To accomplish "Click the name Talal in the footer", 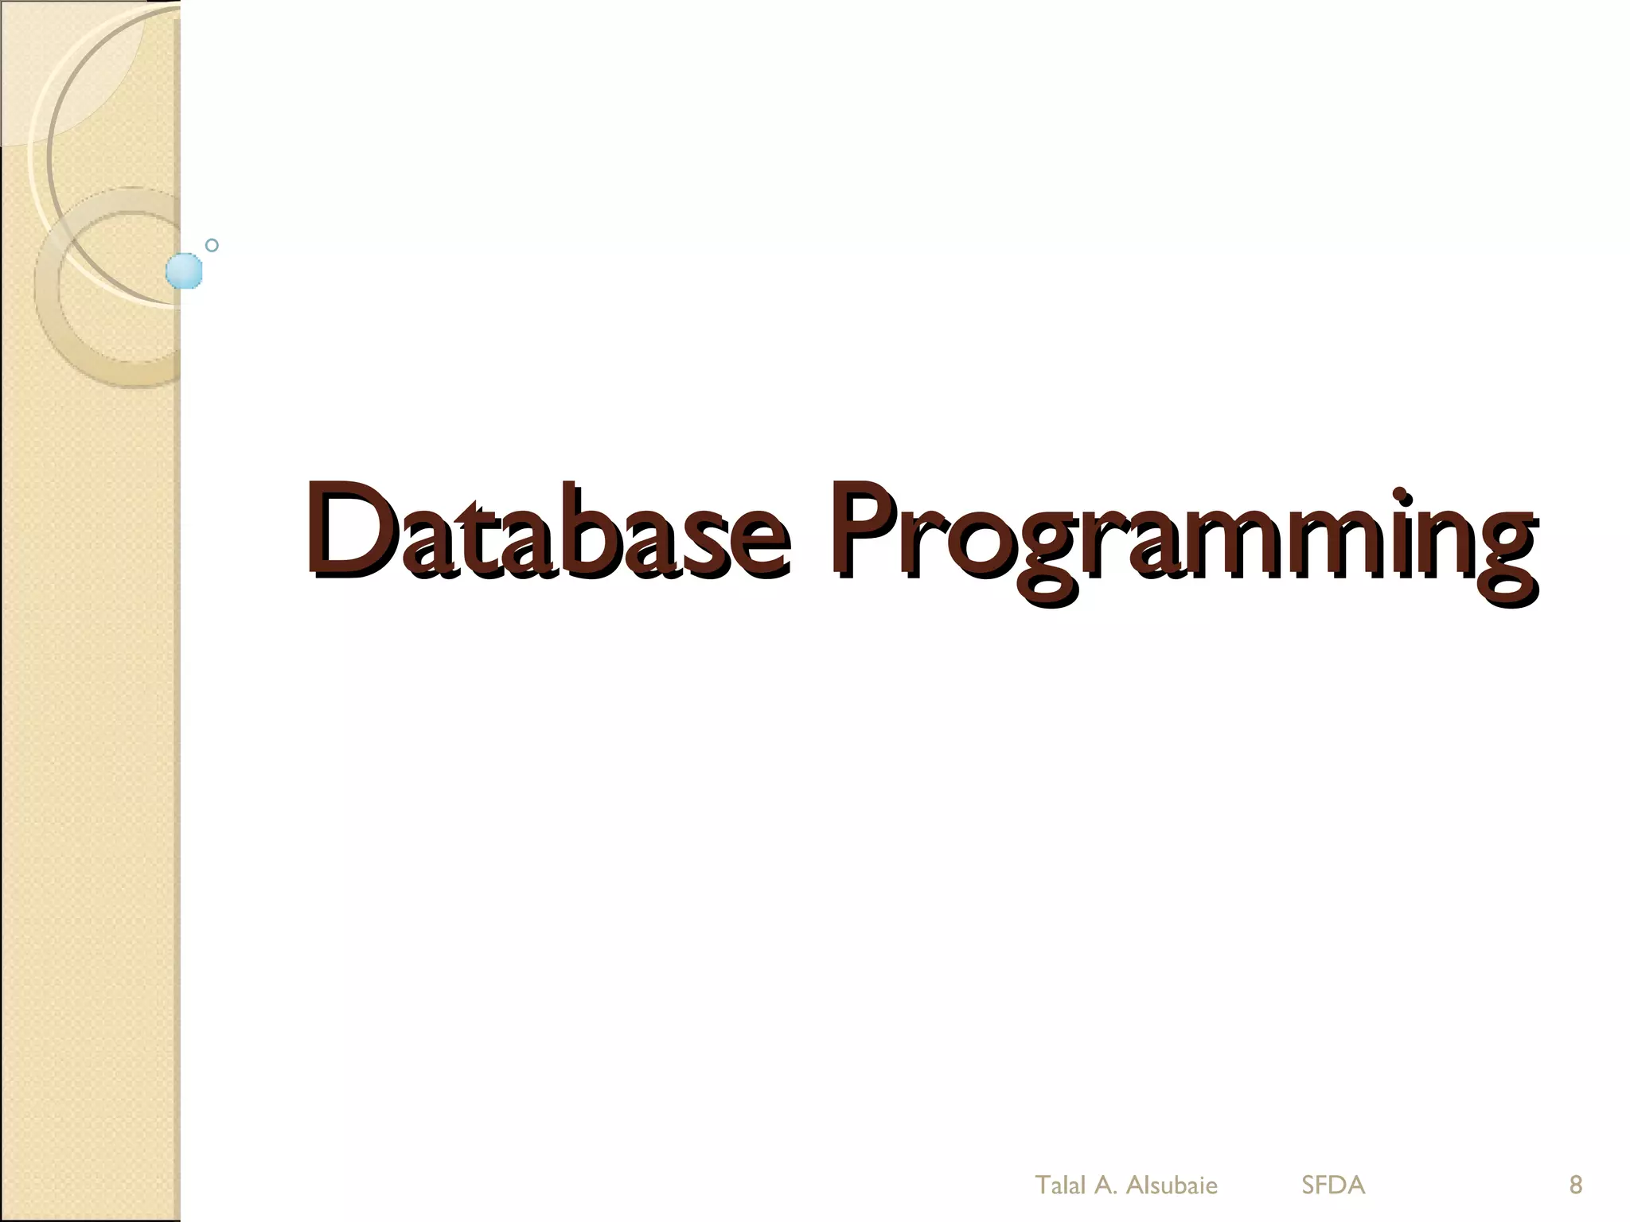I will click(x=1060, y=1185).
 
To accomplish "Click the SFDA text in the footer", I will click(x=1333, y=1185).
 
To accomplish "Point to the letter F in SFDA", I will click(x=1324, y=1185).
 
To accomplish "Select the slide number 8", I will click(x=1575, y=1185).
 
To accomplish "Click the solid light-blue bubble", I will click(x=184, y=271).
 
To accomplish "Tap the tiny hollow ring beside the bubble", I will click(x=212, y=245).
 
